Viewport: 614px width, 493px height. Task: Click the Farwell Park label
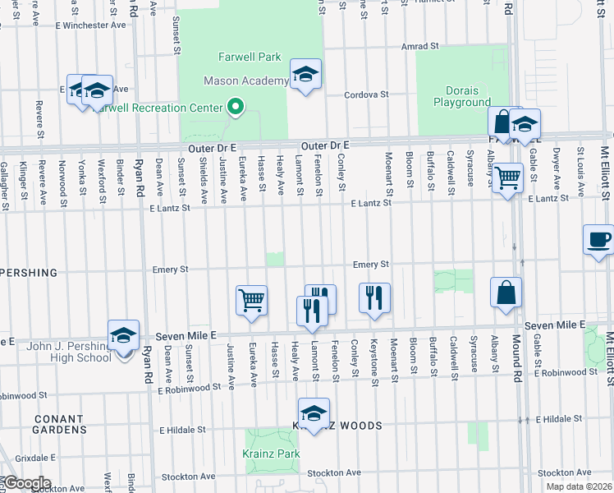pos(250,57)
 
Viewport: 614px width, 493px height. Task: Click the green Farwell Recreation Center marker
pos(236,108)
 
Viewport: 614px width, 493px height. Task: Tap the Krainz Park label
pos(271,454)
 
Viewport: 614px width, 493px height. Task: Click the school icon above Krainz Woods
pos(313,413)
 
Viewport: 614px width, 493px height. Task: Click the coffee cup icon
pos(598,240)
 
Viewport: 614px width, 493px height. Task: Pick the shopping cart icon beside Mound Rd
pos(508,176)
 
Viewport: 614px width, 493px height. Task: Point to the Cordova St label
pos(366,94)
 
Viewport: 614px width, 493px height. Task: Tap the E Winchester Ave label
pos(90,25)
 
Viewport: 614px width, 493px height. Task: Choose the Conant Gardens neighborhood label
pos(59,424)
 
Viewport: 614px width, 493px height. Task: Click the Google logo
pos(26,482)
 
